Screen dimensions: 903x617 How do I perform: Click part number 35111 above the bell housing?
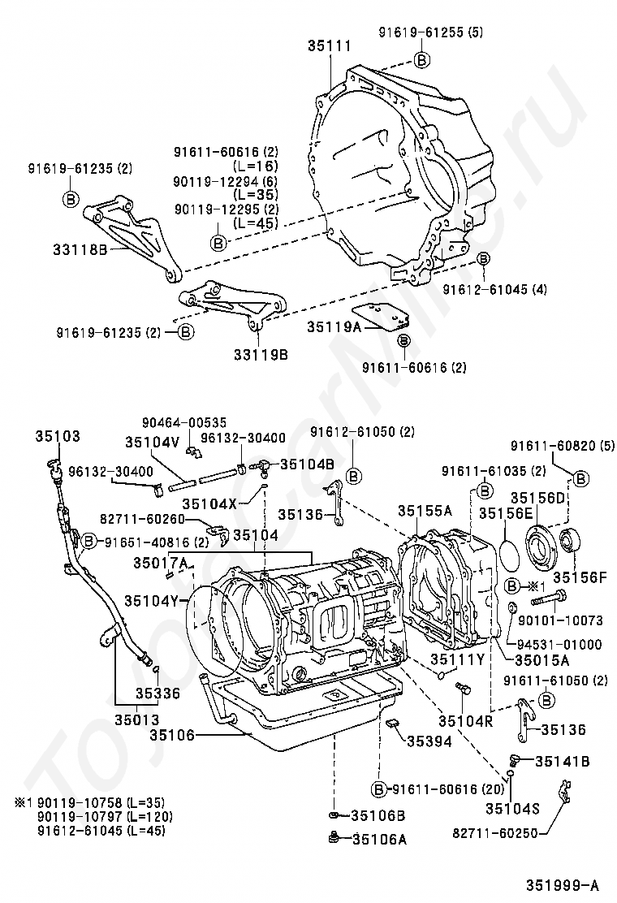coord(329,47)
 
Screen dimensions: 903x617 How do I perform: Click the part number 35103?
coord(58,436)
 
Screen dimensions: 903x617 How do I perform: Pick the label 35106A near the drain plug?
coord(379,840)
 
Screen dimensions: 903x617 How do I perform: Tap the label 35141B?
coord(560,761)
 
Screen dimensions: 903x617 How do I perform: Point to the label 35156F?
coord(580,577)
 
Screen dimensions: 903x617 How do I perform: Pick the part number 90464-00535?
coord(184,422)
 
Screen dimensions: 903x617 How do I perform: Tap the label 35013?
coord(136,719)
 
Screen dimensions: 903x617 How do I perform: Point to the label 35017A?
coord(161,563)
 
